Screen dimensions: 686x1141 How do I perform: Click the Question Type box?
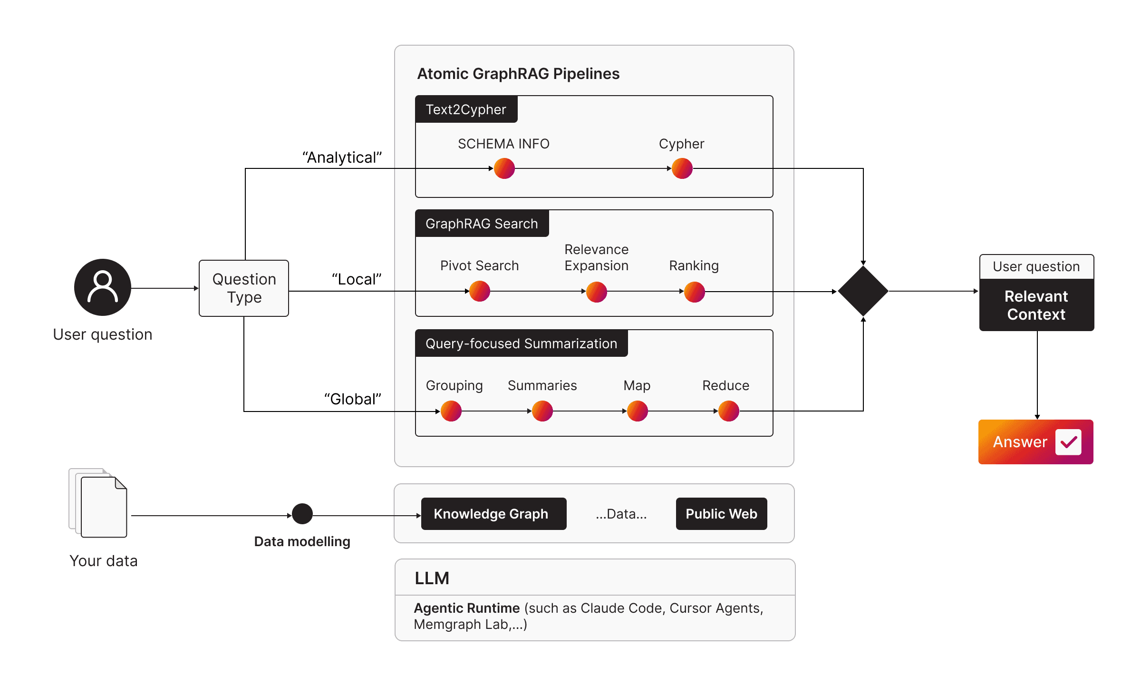coord(244,288)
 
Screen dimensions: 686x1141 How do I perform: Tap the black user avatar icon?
coord(102,287)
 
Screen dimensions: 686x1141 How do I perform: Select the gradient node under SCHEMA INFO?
coord(504,168)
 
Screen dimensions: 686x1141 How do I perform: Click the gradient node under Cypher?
coord(682,168)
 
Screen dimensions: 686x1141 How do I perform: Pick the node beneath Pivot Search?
coord(479,291)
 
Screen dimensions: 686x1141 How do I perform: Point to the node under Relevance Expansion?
coord(596,292)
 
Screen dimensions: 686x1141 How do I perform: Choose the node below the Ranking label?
coord(694,292)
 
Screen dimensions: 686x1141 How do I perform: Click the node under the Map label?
coord(637,411)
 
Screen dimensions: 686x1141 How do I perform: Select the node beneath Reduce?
coord(728,411)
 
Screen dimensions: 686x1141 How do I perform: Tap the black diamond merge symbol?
coord(863,291)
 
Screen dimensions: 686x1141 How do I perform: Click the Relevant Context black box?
coord(1036,305)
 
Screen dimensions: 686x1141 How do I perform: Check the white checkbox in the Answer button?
coord(1068,442)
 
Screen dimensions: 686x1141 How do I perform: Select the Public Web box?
coord(721,514)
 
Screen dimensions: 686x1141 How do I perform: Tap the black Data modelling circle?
coord(302,514)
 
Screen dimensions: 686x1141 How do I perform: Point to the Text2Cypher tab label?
coord(466,109)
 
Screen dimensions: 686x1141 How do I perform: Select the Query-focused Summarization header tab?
coord(521,343)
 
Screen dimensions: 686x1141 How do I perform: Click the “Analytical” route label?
coord(342,157)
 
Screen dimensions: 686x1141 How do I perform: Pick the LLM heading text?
coord(432,578)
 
